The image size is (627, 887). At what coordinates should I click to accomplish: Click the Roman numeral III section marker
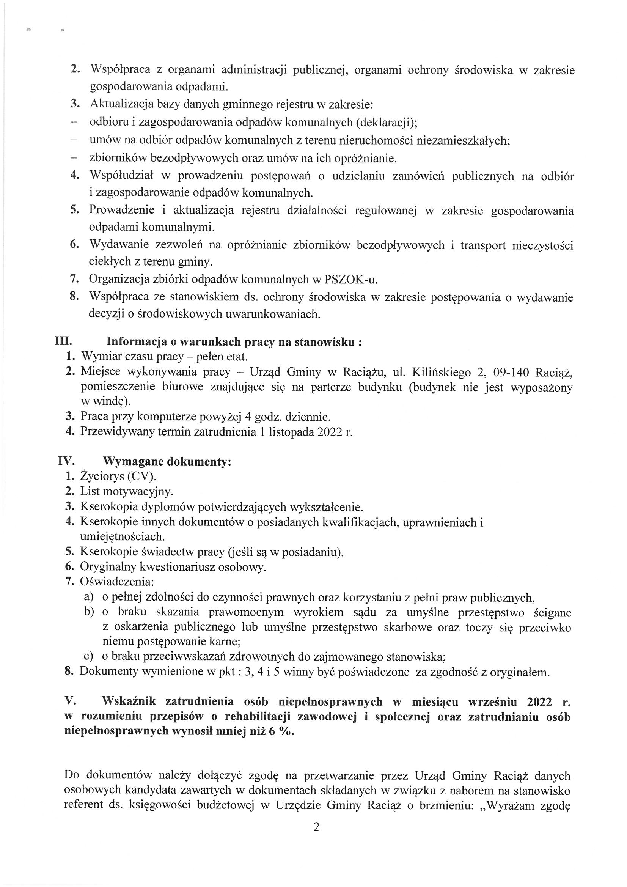[63, 341]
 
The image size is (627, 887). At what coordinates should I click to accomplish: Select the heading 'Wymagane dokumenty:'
[167, 462]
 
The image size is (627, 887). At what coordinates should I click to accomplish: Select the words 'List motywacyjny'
[126, 491]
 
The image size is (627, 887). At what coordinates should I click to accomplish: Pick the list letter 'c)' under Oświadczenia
[89, 656]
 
